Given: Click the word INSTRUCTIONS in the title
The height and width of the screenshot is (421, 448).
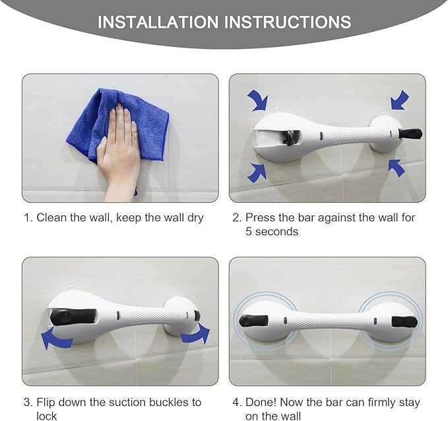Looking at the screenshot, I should click(288, 22).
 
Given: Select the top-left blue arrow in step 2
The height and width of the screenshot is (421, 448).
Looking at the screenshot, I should click(257, 101).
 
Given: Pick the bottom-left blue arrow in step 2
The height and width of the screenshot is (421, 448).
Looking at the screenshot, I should click(257, 171).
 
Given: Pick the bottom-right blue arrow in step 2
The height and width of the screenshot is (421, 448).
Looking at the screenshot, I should click(396, 168).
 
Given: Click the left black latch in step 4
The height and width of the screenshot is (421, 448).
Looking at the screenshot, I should click(253, 321).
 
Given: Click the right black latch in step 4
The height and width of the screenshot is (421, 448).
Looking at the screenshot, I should click(403, 322).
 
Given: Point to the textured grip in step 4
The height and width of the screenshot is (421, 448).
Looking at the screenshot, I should click(329, 320).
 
